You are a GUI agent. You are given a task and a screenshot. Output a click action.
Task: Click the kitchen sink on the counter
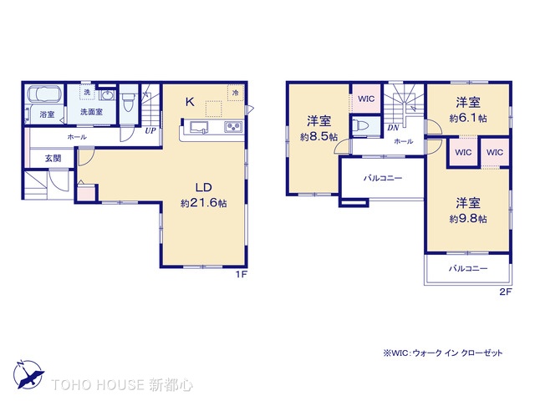point(200,127)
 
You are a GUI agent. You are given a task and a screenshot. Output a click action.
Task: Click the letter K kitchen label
point(190,103)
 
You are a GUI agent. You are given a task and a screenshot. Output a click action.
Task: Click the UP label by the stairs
point(150,130)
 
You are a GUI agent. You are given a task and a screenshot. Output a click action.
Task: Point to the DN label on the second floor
point(392,127)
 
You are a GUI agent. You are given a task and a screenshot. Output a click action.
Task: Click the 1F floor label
point(241,273)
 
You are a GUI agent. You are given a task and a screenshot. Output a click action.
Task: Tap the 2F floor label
point(504,291)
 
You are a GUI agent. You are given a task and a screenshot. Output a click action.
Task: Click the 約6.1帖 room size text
point(467,118)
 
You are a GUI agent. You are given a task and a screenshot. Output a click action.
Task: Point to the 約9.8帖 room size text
point(467,218)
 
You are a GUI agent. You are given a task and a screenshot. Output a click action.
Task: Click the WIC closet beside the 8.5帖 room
point(365,99)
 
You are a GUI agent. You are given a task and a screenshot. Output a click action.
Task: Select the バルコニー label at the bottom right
point(467,268)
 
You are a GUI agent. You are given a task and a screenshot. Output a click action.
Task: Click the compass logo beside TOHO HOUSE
point(28,373)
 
